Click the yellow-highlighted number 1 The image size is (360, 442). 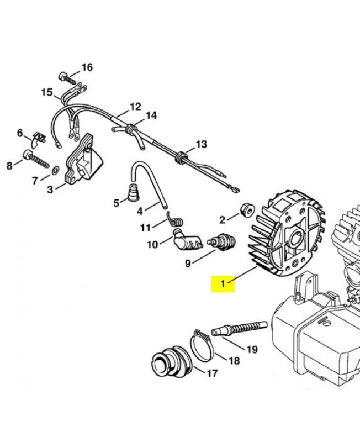click(223, 284)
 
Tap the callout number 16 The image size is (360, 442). click(87, 67)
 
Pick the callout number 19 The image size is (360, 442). click(252, 349)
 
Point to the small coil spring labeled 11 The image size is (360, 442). click(176, 221)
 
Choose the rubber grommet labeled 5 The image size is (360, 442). click(133, 194)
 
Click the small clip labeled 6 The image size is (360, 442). click(39, 136)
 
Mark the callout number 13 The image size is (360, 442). click(201, 144)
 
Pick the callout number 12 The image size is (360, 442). click(135, 107)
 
